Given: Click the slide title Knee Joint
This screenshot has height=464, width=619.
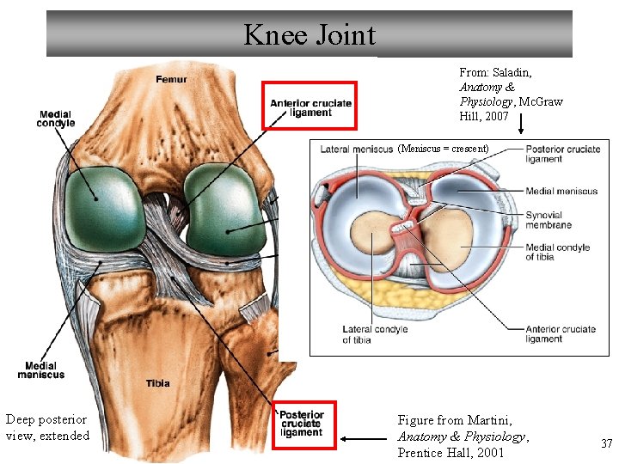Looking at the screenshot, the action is [309, 35].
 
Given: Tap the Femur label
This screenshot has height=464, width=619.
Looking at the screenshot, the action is [171, 80].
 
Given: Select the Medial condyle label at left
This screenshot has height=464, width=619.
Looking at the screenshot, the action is [55, 119].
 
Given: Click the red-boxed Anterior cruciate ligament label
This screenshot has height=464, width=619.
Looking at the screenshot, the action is [309, 107].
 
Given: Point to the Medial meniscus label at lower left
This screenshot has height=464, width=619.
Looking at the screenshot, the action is [40, 370].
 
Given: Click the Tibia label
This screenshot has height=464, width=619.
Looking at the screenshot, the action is [157, 383].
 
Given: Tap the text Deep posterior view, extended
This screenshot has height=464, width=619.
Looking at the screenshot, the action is [47, 427].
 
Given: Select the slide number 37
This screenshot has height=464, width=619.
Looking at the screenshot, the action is [606, 443].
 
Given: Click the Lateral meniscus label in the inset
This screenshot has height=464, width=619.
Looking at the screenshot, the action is [356, 150].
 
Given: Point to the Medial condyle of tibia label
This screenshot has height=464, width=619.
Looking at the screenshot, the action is [558, 252].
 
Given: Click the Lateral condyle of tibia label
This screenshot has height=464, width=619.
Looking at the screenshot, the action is [375, 334].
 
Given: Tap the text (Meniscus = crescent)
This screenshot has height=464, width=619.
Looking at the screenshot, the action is [443, 149].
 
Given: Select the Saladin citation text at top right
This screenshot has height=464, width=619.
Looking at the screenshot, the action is [511, 95].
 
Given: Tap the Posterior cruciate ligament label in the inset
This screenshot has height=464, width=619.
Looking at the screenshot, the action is [562, 154].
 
